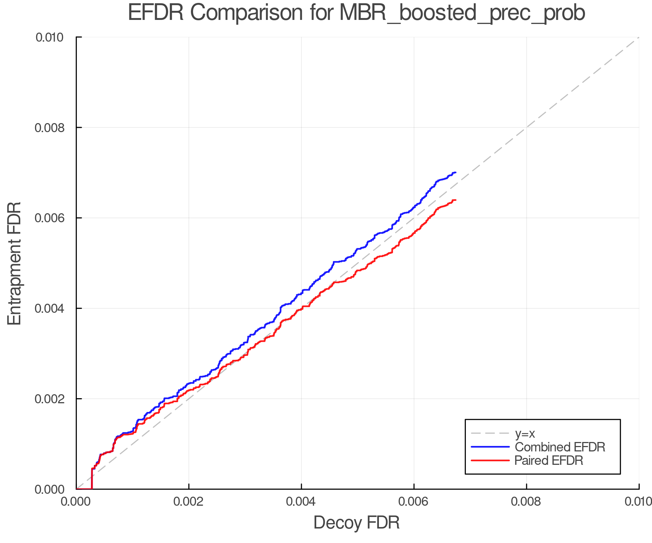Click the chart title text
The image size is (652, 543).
356,13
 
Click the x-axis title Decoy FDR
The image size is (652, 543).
356,523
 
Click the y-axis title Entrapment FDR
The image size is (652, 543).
14,263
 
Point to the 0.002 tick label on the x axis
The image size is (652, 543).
189,502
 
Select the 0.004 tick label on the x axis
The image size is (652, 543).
301,502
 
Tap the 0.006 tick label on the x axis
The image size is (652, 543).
414,502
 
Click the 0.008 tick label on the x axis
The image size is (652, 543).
526,502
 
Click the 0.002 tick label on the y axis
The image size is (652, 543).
50,399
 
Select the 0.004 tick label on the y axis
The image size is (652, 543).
50,308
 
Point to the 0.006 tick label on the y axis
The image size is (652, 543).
50,218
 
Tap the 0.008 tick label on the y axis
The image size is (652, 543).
50,127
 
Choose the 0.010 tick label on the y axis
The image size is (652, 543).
50,37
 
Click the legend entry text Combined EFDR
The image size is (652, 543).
560,447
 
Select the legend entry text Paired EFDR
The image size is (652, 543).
549,460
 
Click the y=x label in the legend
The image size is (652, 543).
525,433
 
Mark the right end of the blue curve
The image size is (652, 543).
455,173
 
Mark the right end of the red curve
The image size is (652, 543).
455,200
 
